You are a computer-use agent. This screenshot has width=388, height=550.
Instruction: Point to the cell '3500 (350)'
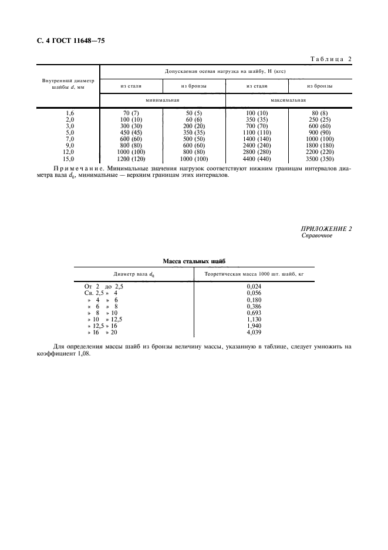[x=319, y=159]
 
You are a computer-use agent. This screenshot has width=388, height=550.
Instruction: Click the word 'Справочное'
[x=317, y=236]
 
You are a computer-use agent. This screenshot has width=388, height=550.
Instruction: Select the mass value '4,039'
[x=254, y=332]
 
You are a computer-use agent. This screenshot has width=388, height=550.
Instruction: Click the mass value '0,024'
[x=254, y=285]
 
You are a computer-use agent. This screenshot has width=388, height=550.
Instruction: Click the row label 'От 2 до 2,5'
[x=100, y=285]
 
